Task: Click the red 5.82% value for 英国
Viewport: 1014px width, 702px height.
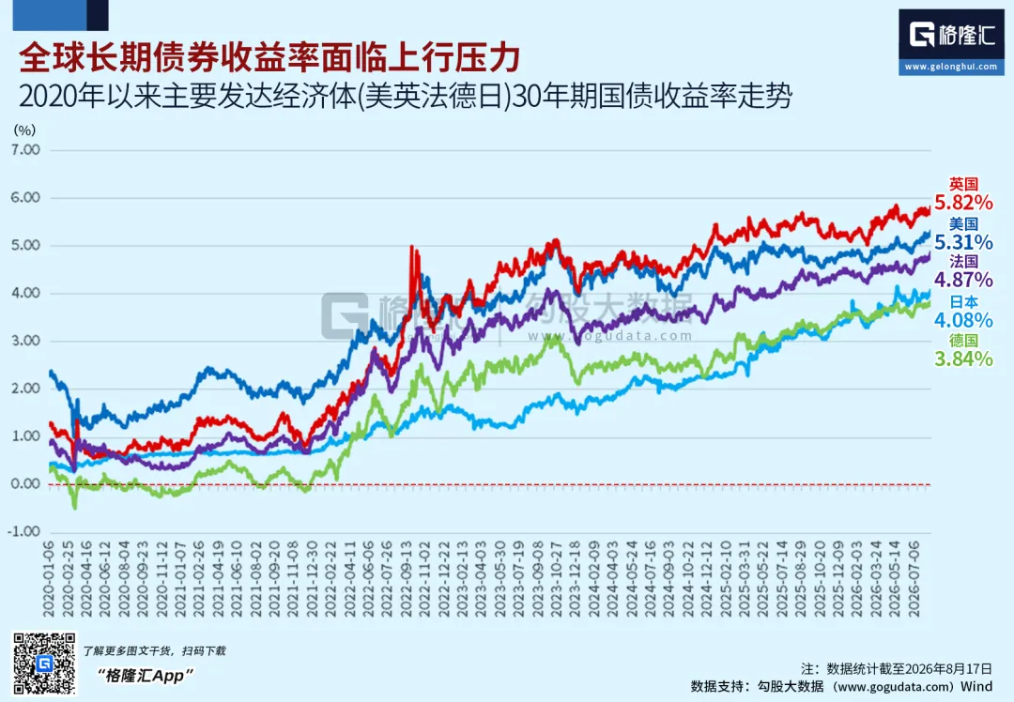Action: [963, 203]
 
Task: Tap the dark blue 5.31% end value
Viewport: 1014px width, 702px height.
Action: [963, 242]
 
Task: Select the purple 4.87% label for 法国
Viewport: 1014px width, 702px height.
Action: [963, 280]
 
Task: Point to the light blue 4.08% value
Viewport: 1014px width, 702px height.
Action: [963, 320]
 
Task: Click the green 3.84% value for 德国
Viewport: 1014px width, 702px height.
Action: [963, 359]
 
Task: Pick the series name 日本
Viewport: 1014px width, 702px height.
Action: [963, 302]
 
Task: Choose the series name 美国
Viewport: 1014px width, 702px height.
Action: [963, 224]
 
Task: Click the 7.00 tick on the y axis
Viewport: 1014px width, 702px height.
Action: [25, 150]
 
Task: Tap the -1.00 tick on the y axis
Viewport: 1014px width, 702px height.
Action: [23, 531]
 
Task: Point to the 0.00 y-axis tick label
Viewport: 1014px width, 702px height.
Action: [25, 483]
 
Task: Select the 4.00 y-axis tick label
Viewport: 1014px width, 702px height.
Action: [25, 293]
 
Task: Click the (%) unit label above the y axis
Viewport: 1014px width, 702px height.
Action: [24, 130]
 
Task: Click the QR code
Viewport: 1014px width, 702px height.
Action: [45, 664]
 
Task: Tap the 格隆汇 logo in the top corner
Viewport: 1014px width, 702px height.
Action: [951, 35]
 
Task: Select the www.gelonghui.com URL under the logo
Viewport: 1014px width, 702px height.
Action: [951, 67]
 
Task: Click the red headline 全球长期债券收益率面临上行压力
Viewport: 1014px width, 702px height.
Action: [269, 58]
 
